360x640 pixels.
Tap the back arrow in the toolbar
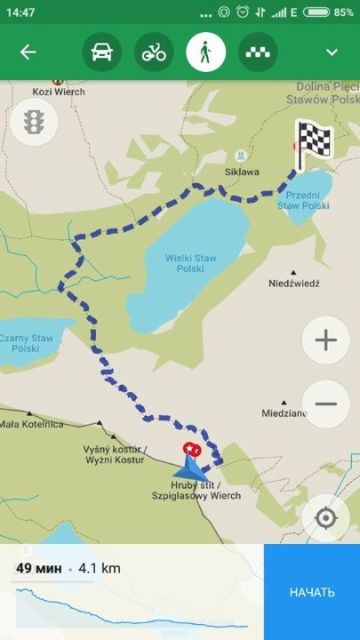click(x=28, y=52)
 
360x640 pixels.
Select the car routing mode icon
click(x=101, y=52)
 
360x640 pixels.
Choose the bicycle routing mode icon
click(x=154, y=52)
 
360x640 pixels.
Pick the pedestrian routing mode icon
click(x=205, y=52)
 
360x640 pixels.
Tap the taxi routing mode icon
click(x=258, y=52)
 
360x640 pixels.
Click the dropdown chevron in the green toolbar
click(x=332, y=52)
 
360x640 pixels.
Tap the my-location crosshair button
click(x=325, y=518)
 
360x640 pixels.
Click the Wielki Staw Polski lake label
click(x=191, y=263)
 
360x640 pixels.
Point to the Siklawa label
click(x=242, y=172)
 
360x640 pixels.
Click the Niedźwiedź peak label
click(x=293, y=284)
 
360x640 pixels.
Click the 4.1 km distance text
click(x=99, y=568)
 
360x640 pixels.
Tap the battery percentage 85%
click(x=343, y=12)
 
